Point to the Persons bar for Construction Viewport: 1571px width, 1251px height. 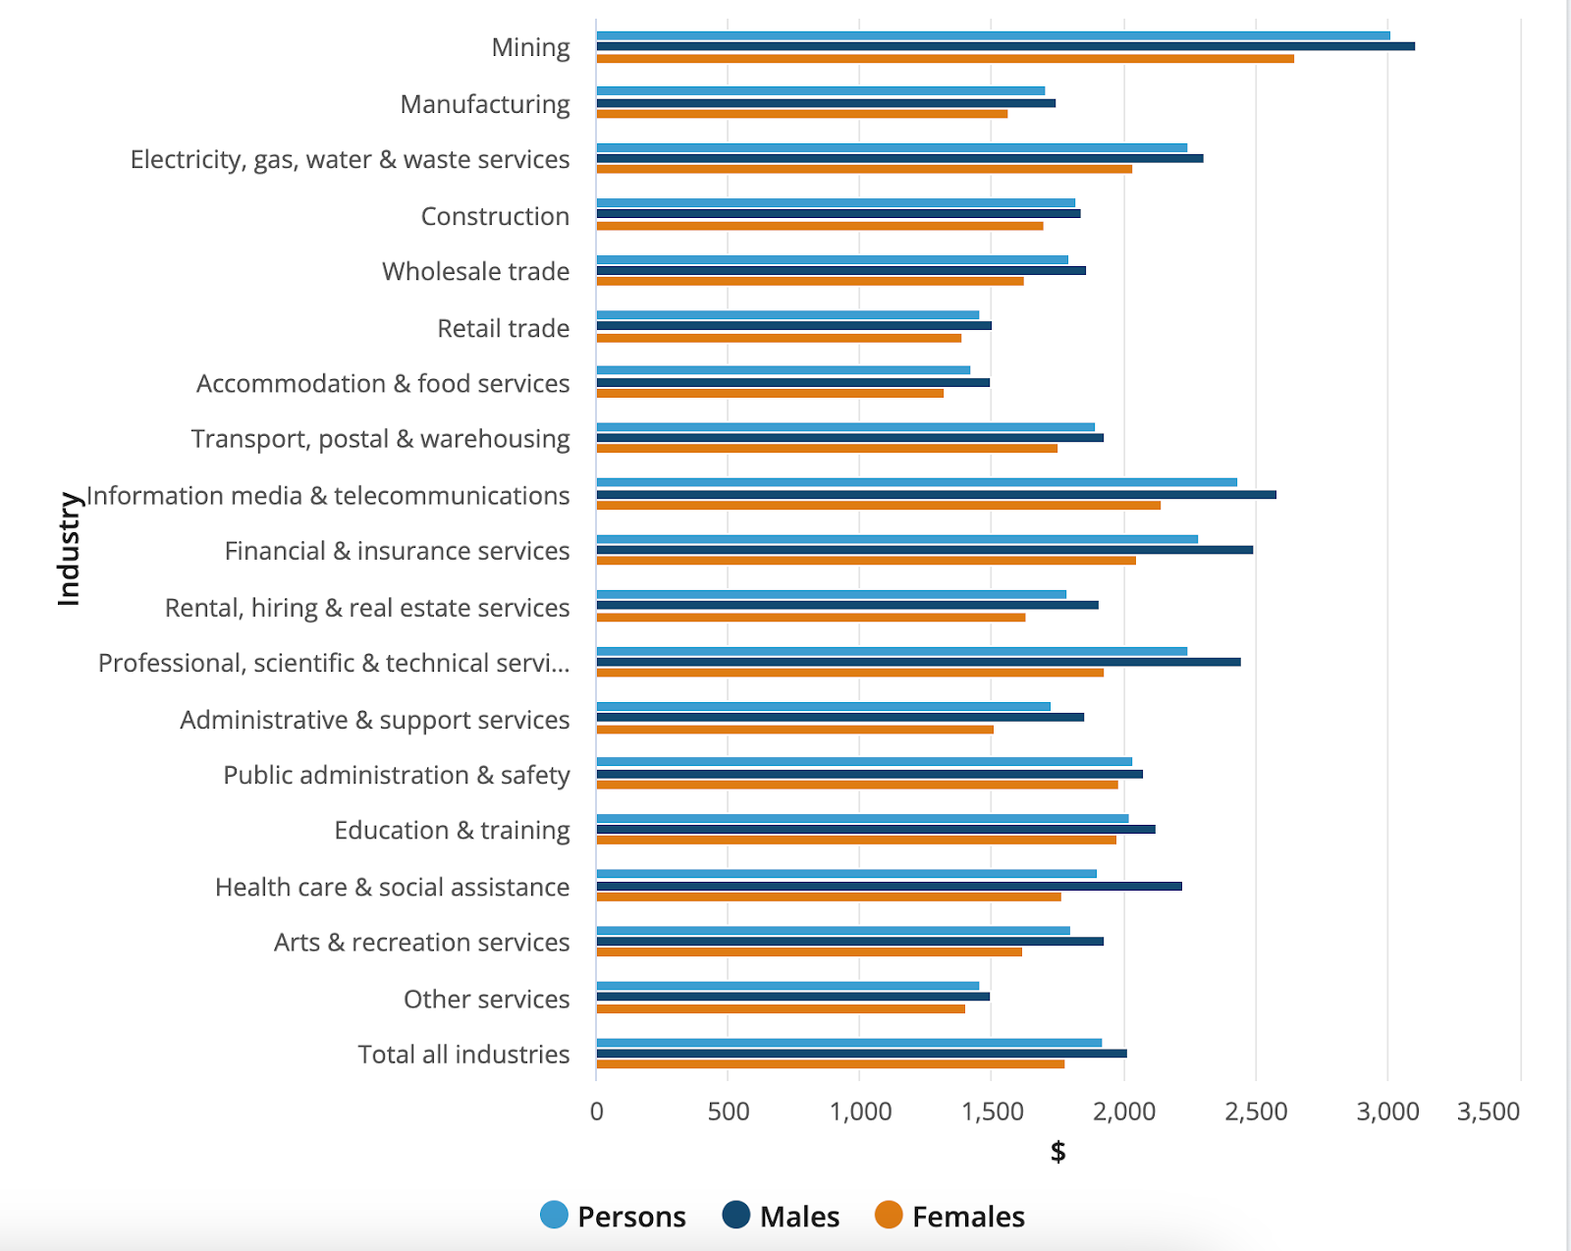836,203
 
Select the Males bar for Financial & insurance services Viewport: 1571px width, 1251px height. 924,550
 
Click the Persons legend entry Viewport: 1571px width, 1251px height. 613,1216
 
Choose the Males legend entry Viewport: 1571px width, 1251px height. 781,1216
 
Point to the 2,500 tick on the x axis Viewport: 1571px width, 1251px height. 1256,1112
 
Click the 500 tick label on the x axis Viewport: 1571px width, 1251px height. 728,1112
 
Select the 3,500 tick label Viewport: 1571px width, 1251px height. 1489,1112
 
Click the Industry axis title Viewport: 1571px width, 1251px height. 69,549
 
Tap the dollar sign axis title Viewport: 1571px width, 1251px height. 1057,1151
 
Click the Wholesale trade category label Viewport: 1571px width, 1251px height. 475,271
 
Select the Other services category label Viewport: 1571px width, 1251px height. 486,999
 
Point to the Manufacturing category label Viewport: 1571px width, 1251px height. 484,104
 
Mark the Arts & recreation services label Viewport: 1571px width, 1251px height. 421,943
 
